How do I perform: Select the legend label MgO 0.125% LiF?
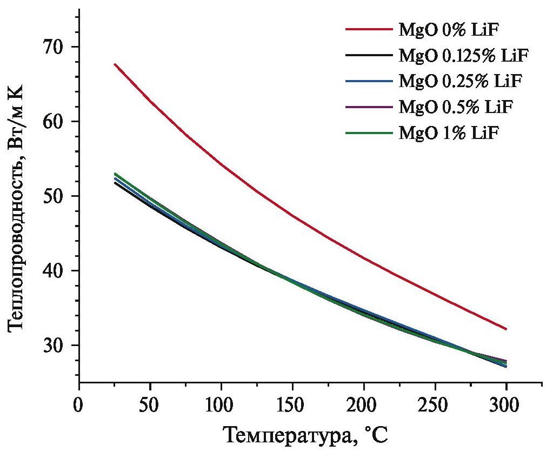coord(463,55)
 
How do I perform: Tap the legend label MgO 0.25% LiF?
coord(459,81)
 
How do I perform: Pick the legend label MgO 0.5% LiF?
coord(455,107)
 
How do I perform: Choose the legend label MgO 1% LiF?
coord(448,132)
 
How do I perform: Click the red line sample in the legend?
coord(369,29)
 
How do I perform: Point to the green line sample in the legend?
coord(369,132)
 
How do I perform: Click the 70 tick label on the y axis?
coord(52,47)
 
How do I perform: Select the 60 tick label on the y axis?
coord(52,122)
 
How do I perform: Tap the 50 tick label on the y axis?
coord(52,196)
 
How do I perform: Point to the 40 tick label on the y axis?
coord(52,271)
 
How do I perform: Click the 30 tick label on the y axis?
coord(52,346)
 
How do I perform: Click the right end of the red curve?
coord(506,329)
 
